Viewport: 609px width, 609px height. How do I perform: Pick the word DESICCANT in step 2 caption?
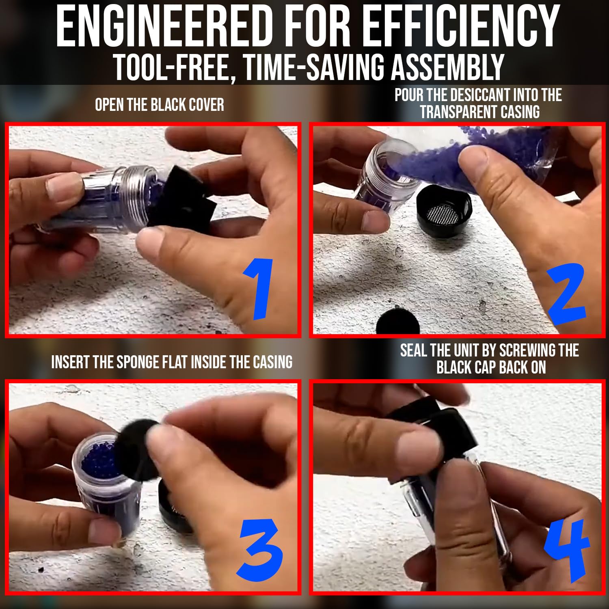[479, 95]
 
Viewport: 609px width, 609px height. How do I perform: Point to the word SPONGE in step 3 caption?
[138, 362]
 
